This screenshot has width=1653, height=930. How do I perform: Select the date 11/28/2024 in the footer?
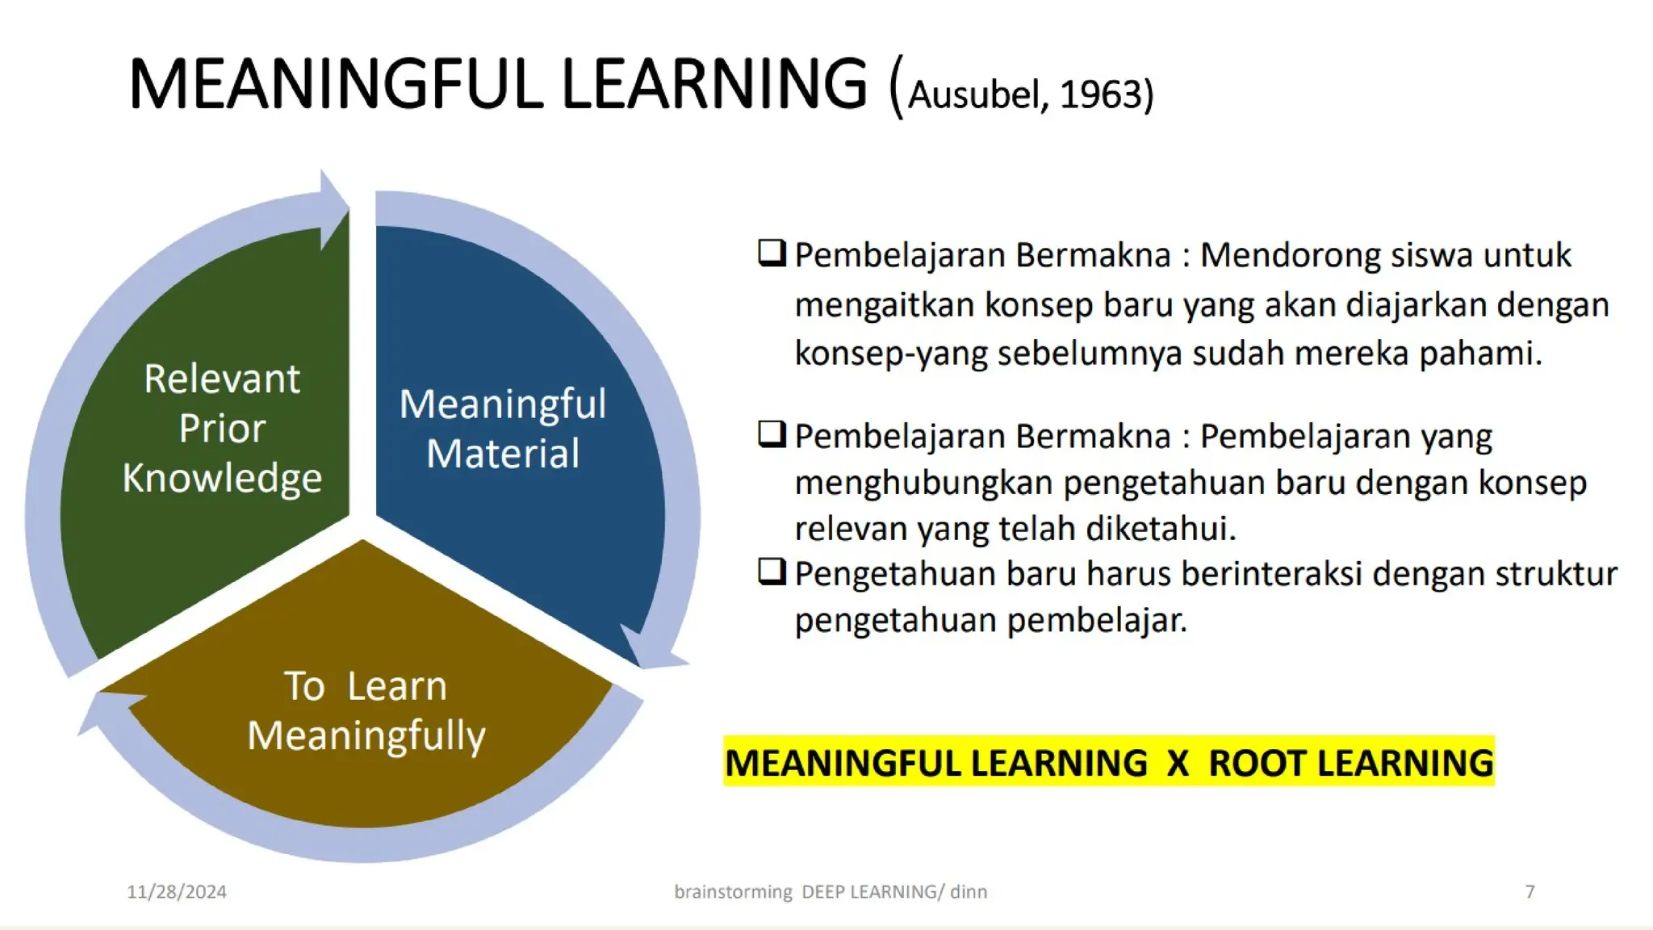pos(177,891)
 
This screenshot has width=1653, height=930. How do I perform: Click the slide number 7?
pos(1530,891)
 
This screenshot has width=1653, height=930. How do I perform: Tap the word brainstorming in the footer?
pos(733,891)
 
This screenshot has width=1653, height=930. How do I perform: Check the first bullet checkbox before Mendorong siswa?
pos(772,253)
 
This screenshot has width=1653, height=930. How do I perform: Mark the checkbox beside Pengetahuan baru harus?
pos(772,572)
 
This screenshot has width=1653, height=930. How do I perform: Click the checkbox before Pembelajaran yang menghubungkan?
pos(772,434)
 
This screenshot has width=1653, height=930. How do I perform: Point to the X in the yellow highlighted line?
pos(1178,763)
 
